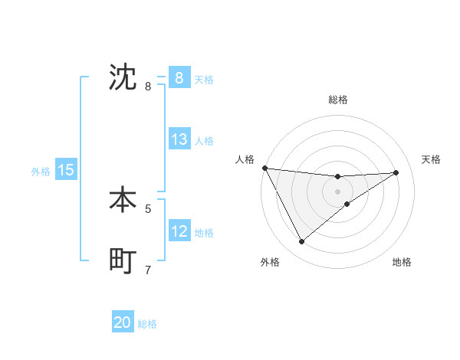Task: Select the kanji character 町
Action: coord(123,261)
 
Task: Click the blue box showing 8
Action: coord(179,77)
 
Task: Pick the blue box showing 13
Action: coord(179,139)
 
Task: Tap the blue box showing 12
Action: coord(179,231)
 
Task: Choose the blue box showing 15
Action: coord(66,170)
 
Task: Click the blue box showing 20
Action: coord(123,322)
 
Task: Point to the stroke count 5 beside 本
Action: coord(148,208)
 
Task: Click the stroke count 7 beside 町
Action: coord(148,270)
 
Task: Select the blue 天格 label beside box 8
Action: coord(204,79)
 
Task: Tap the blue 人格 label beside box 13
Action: coord(204,141)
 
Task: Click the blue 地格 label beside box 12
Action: coord(204,233)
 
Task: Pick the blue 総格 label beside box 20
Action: coord(147,324)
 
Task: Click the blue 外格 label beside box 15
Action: coord(41,172)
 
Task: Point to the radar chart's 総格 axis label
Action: coord(338,100)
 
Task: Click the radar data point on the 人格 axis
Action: coord(264,168)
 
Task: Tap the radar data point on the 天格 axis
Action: coord(396,172)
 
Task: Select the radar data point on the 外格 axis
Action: coord(301,242)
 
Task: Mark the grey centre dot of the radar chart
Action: coord(338,191)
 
